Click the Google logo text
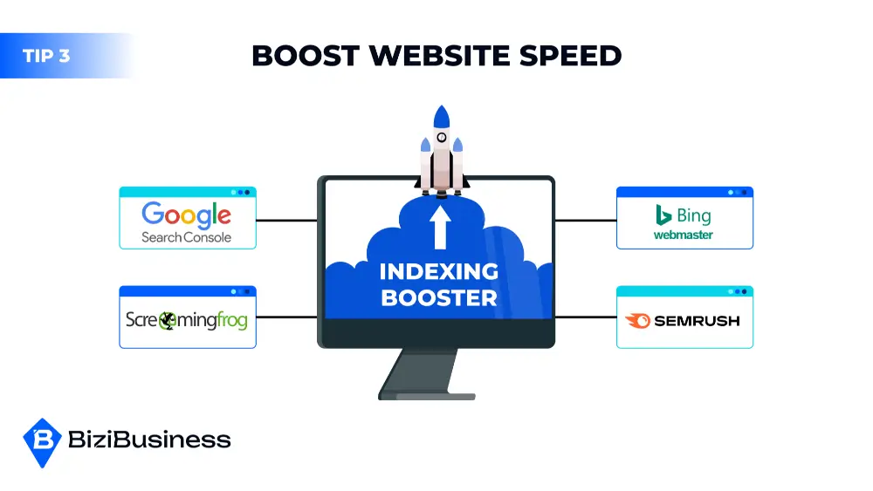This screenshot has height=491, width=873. pyautogui.click(x=187, y=215)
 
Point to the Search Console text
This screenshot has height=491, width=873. pyautogui.click(x=187, y=237)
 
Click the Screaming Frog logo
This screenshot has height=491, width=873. pyautogui.click(x=187, y=320)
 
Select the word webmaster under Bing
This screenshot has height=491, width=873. pyautogui.click(x=684, y=235)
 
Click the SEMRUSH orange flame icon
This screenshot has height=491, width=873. pyautogui.click(x=639, y=320)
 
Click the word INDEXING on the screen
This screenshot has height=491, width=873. pyautogui.click(x=439, y=271)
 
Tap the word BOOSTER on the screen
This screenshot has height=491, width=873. pyautogui.click(x=439, y=297)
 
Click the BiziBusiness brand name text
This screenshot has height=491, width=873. pyautogui.click(x=149, y=440)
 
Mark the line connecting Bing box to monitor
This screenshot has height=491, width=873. pyautogui.click(x=586, y=221)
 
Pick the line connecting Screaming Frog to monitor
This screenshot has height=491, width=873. pyautogui.click(x=286, y=317)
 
